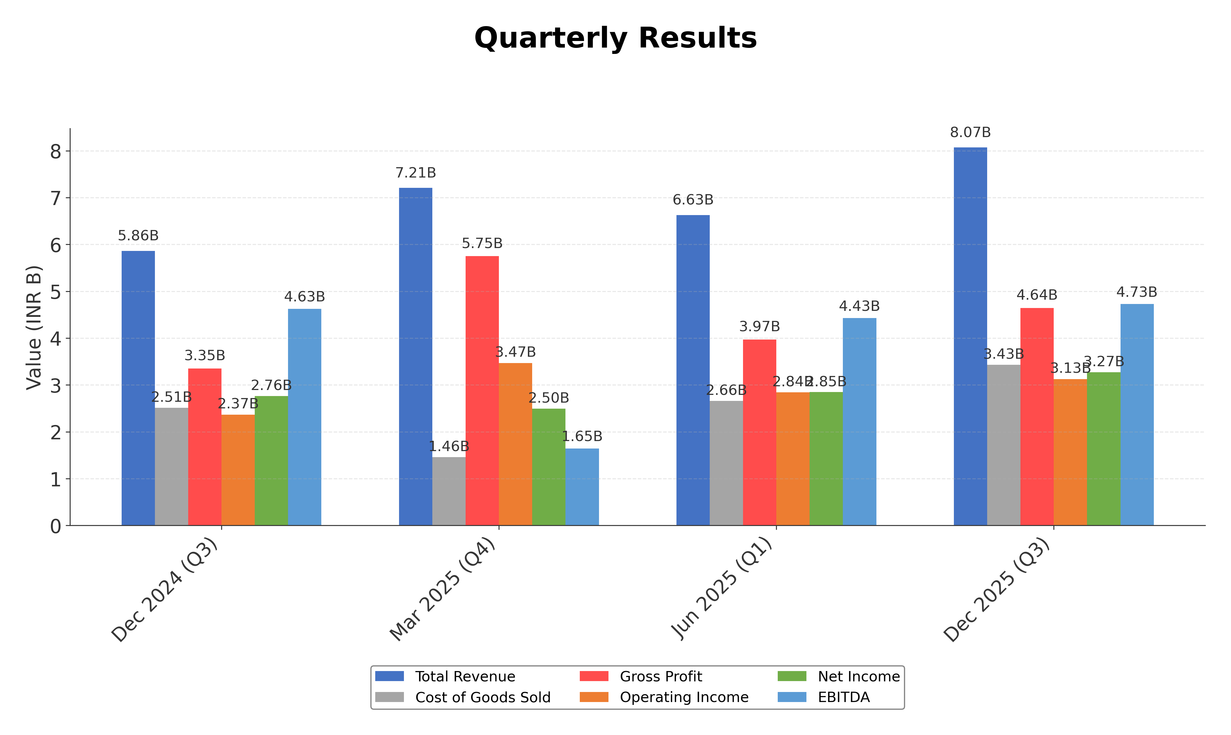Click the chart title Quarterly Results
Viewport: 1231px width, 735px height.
click(x=615, y=38)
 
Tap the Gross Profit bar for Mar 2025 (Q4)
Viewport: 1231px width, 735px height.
click(x=482, y=391)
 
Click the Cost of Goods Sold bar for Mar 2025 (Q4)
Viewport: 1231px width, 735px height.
click(x=449, y=491)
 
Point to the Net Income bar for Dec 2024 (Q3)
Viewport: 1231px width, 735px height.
click(x=271, y=461)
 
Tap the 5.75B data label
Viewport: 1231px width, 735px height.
click(x=482, y=244)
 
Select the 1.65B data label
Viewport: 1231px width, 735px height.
click(x=582, y=436)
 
